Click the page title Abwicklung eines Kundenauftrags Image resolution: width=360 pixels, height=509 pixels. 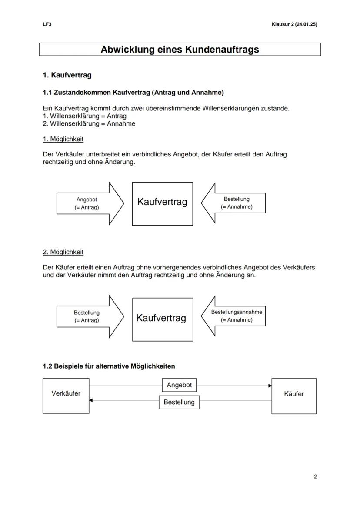pos(180,50)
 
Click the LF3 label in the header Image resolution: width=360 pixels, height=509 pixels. pos(47,24)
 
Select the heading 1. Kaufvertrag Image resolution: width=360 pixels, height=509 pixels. pos(67,75)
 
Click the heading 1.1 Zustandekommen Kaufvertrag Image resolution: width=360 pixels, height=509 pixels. pos(133,93)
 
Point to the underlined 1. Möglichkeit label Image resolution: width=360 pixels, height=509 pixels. pos(63,139)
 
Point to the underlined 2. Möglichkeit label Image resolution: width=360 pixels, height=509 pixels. pos(63,252)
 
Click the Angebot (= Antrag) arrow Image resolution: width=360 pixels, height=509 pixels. pos(87,203)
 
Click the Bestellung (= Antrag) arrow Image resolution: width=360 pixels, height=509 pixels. pos(87,316)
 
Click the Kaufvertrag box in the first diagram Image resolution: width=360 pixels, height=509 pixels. pos(162,203)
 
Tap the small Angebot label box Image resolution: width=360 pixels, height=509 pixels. pos(179,385)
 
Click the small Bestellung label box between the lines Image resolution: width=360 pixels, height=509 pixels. pos(179,402)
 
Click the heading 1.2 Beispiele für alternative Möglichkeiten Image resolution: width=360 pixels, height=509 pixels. pos(109,366)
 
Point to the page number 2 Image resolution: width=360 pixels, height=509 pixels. pos(315,477)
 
